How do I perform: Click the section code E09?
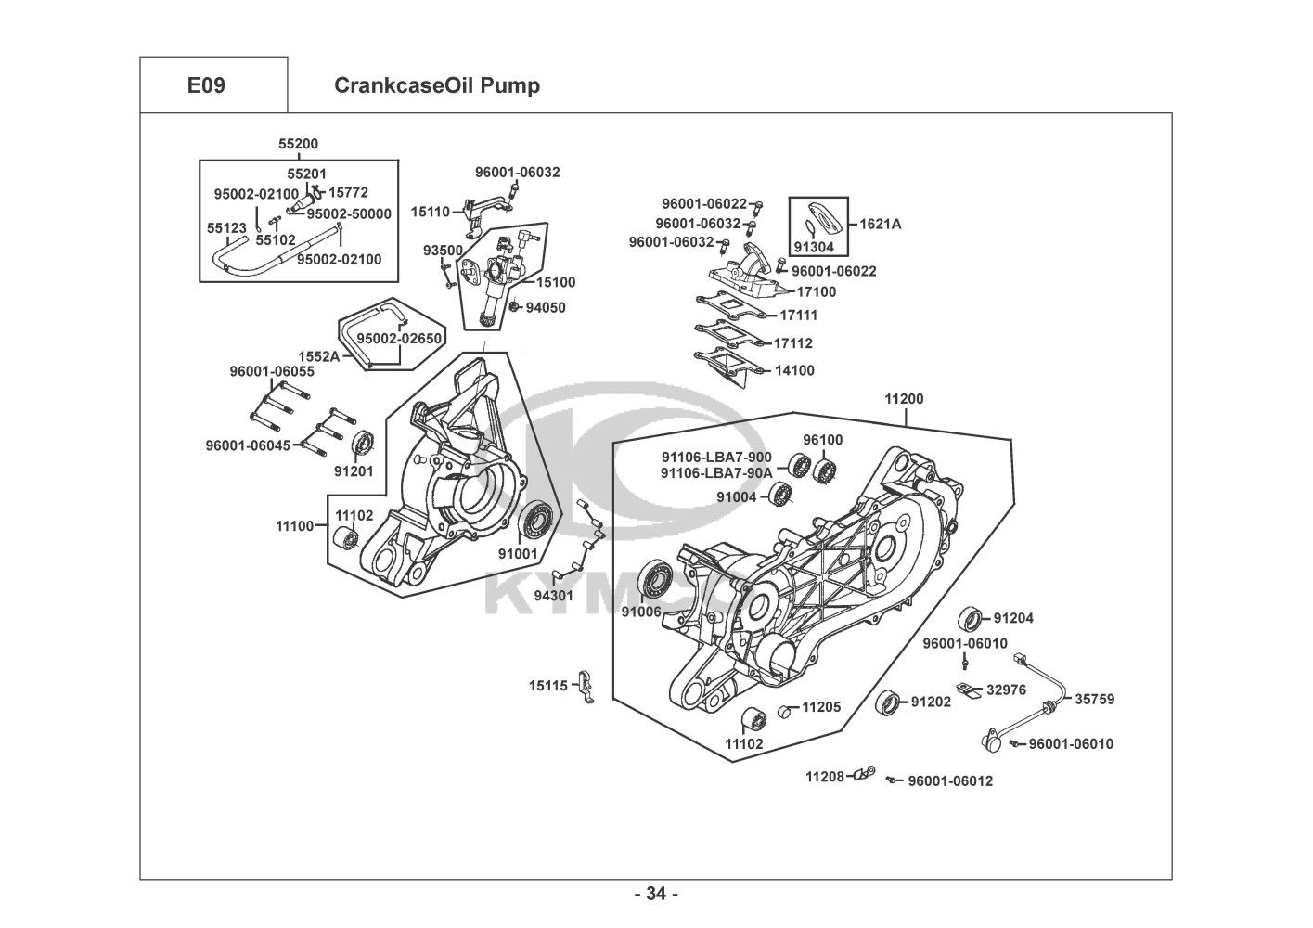pos(206,86)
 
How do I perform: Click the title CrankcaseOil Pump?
pos(437,86)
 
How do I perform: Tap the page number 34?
pos(656,895)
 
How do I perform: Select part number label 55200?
pos(299,144)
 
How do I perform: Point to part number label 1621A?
pos(881,224)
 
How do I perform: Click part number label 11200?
pos(903,400)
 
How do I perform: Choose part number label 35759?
pos(1095,700)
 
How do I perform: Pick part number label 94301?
pos(555,595)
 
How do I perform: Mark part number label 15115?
pos(548,686)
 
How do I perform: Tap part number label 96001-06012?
pos(950,781)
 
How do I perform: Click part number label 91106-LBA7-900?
pos(715,457)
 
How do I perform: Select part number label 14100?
pos(794,370)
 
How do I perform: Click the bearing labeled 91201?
pos(362,443)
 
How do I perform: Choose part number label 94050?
pos(546,307)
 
